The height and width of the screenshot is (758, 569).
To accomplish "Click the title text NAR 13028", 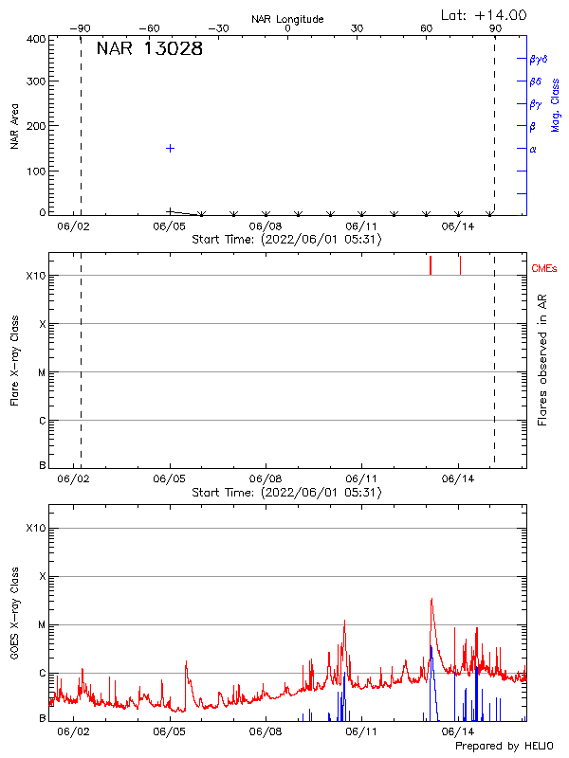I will [149, 49].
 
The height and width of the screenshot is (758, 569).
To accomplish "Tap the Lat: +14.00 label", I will [485, 15].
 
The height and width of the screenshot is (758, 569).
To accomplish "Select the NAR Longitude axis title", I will [287, 19].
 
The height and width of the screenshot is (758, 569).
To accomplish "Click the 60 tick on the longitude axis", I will [427, 29].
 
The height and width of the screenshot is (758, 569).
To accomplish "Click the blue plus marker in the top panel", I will [170, 148].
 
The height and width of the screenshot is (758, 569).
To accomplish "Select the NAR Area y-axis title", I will [15, 127].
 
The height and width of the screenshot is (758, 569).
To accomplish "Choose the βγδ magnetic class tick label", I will [539, 59].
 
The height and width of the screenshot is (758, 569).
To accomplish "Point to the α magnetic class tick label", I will [533, 149].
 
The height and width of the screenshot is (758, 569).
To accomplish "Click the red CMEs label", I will [544, 269].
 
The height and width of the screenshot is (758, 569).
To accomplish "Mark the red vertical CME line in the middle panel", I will [431, 264].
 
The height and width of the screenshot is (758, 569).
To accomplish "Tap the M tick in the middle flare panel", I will [42, 372].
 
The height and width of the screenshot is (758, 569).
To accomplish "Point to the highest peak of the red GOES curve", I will [431, 599].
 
